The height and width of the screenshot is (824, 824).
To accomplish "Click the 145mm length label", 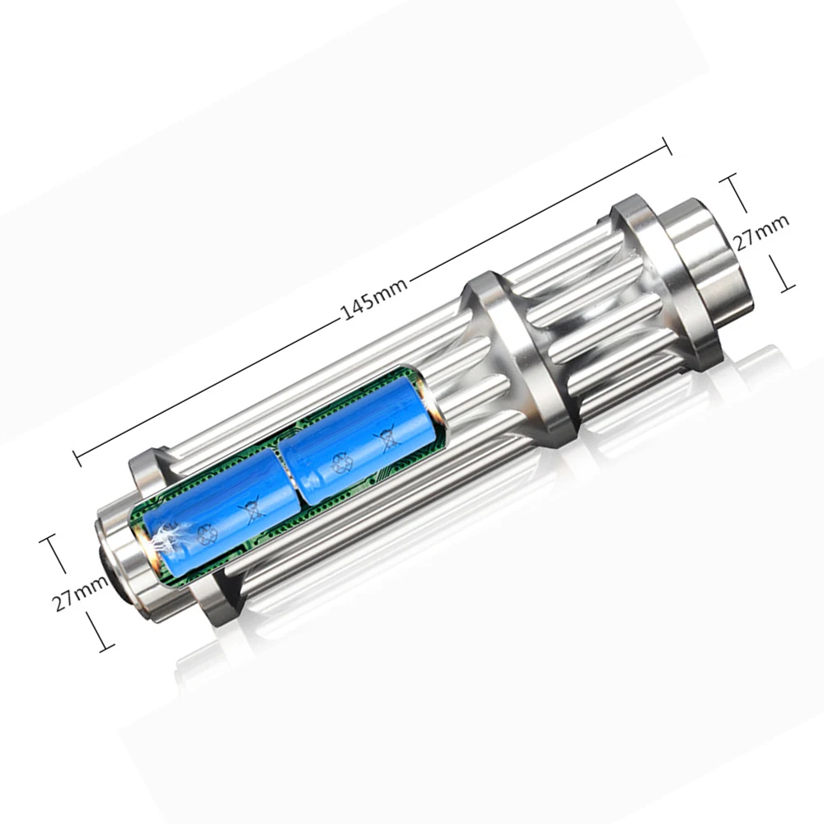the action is pos(374,298).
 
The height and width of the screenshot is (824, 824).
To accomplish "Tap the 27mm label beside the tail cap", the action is pos(761,233).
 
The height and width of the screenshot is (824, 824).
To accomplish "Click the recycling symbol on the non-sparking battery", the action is pos(343,464).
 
